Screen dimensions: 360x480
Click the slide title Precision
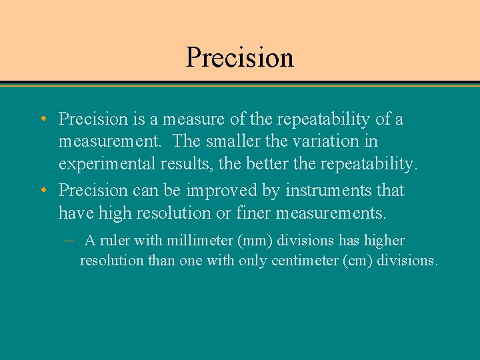pyautogui.click(x=239, y=57)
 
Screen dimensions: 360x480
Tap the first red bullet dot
pyautogui.click(x=43, y=120)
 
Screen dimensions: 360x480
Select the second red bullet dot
pyautogui.click(x=43, y=191)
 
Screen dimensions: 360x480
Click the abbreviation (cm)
pyautogui.click(x=357, y=261)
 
